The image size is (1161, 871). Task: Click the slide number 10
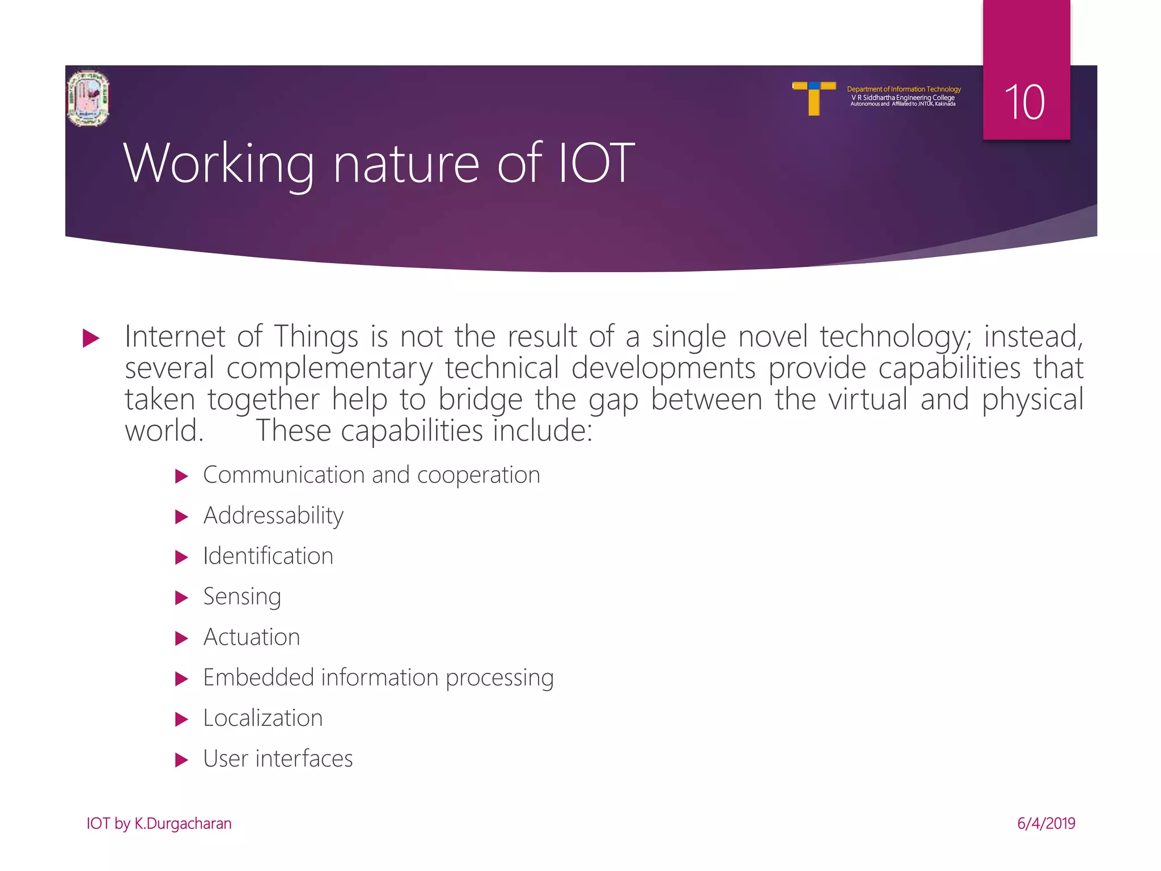[x=1024, y=102]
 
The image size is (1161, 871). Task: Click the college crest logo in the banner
[x=88, y=98]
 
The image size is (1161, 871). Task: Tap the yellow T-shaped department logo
[x=813, y=98]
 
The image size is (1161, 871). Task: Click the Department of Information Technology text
[x=904, y=89]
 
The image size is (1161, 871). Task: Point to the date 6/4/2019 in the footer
[x=1046, y=823]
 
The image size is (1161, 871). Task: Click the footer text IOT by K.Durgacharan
[x=159, y=823]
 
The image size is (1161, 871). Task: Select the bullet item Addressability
[x=273, y=515]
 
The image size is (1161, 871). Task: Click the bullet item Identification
[x=268, y=556]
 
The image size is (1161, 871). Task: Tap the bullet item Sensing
[x=242, y=597]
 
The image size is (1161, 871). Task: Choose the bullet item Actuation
[x=252, y=637]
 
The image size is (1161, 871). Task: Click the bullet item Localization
[x=263, y=718]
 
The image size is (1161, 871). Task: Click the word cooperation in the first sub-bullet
[x=478, y=475]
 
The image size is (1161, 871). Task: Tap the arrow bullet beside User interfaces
[x=181, y=760]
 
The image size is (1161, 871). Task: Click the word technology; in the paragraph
[x=896, y=337]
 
